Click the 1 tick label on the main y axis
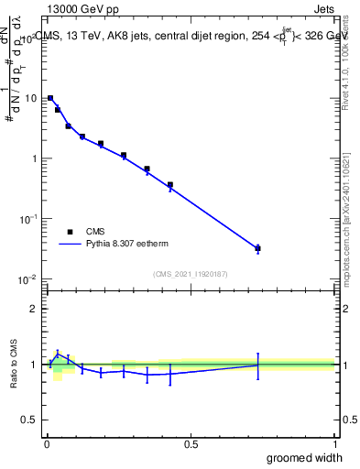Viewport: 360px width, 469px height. [34, 158]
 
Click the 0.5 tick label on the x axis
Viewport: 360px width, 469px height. [191, 443]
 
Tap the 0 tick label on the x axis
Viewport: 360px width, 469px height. [47, 443]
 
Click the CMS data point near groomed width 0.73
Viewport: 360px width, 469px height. [258, 248]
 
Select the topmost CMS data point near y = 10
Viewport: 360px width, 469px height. [50, 98]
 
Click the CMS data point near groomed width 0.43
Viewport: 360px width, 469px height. [170, 185]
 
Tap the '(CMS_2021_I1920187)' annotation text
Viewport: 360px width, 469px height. [190, 273]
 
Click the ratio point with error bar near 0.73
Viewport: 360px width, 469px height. [258, 365]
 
